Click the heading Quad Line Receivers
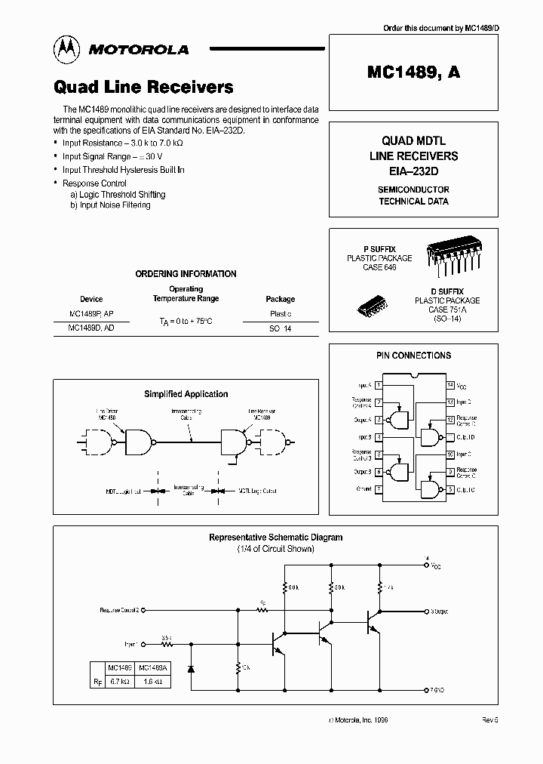pyautogui.click(x=143, y=88)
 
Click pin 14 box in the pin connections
pyautogui.click(x=450, y=385)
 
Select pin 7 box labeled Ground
pyautogui.click(x=378, y=489)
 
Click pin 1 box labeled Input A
pyautogui.click(x=378, y=385)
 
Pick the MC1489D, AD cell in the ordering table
pyautogui.click(x=91, y=328)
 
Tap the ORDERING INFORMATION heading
pyautogui.click(x=186, y=274)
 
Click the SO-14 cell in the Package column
pyautogui.click(x=280, y=329)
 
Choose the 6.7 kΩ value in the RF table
pyautogui.click(x=120, y=682)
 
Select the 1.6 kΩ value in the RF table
pyautogui.click(x=151, y=682)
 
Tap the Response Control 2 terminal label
pyautogui.click(x=119, y=609)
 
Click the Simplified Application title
pyautogui.click(x=186, y=394)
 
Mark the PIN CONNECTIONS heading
pyautogui.click(x=413, y=356)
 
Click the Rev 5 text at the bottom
pyautogui.click(x=490, y=720)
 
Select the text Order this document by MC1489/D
pyautogui.click(x=441, y=28)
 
